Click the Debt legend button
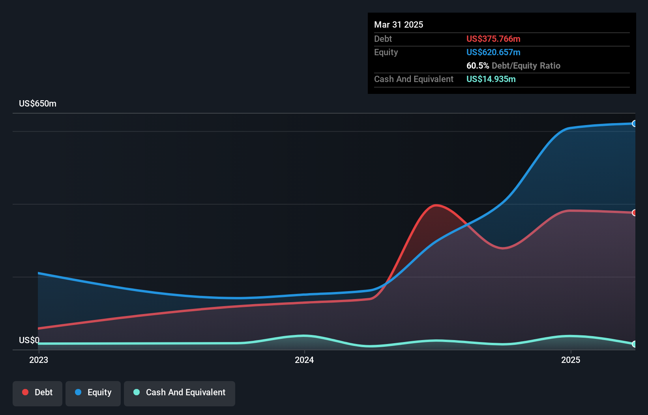pos(37,393)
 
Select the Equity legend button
pos(93,393)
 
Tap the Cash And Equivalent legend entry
pos(180,393)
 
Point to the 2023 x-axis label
pos(39,360)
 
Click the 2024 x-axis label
pos(304,360)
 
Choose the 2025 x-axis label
pos(571,360)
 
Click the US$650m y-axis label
pos(37,104)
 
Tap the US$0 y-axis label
pos(29,340)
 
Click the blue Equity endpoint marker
pos(634,123)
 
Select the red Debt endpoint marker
pos(634,213)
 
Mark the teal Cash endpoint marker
pos(634,344)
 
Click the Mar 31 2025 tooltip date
pos(399,24)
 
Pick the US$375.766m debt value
pos(493,39)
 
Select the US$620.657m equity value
pos(493,52)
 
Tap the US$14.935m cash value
pos(491,79)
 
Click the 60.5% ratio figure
pos(478,65)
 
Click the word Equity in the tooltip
pos(386,52)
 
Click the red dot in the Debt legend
pos(25,392)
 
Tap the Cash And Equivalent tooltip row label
pos(414,79)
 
